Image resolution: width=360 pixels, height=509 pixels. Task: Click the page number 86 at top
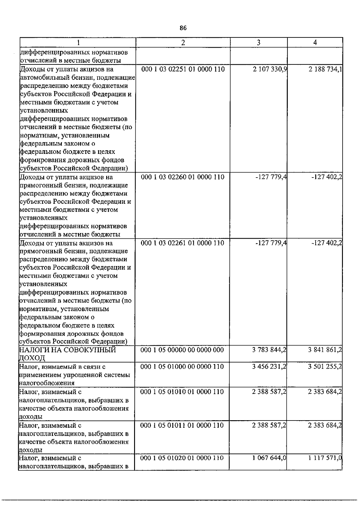[183, 28]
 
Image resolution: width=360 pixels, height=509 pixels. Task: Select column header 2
[183, 43]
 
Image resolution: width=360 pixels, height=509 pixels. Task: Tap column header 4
[315, 43]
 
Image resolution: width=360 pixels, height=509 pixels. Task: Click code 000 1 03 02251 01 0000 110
[183, 70]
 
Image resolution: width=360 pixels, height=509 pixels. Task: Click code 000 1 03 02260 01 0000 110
[183, 177]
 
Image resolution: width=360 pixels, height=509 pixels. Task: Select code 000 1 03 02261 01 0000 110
[183, 243]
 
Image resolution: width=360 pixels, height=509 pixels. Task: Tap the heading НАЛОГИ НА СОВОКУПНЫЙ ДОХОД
[67, 354]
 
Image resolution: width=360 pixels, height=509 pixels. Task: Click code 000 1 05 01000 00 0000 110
[182, 367]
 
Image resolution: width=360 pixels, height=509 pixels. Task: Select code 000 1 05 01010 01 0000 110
[182, 392]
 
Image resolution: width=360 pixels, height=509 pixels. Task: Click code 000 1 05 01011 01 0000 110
[182, 425]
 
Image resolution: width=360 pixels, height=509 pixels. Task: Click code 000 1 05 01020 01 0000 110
[182, 458]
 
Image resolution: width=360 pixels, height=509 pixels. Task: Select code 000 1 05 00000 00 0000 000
[182, 350]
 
